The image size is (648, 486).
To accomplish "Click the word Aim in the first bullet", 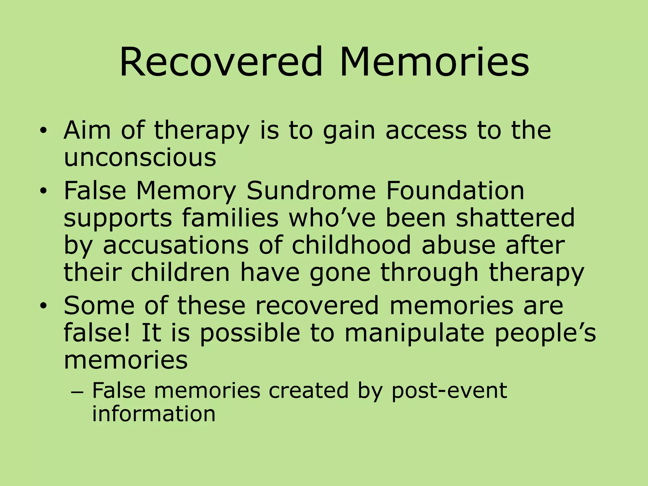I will pos(87,130).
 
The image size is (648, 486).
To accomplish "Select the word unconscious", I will pos(140,157).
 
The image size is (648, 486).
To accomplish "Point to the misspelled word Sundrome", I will pos(311,191).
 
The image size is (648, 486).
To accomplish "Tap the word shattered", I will pos(515,218).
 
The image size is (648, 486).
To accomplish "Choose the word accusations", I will pos(176,245).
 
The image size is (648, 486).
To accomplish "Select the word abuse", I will pos(458,245).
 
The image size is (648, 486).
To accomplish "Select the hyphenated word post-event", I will pos(449,390).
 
